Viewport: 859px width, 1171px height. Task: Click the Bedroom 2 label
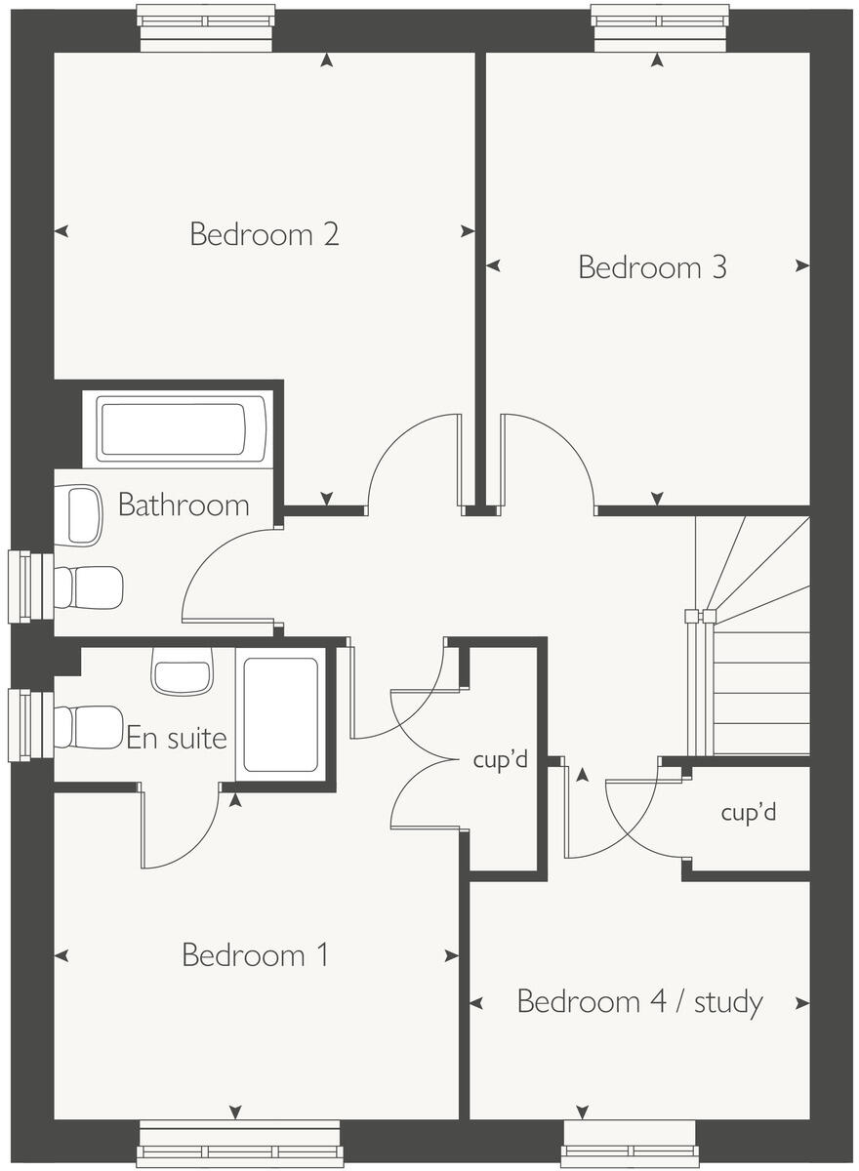point(264,235)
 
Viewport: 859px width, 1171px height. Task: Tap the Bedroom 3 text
point(652,267)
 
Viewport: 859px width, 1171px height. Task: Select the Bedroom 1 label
point(256,954)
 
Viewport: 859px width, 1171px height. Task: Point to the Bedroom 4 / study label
point(639,1002)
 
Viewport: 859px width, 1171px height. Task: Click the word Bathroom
point(184,505)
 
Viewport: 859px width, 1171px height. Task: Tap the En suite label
point(177,738)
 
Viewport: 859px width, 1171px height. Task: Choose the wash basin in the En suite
point(183,672)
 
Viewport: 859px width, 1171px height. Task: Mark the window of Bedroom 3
point(660,27)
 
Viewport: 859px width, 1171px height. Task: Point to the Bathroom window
point(29,586)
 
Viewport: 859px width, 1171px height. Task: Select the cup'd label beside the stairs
point(749,812)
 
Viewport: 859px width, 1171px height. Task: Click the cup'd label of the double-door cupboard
point(500,760)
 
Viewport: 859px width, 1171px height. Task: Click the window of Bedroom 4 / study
point(630,1144)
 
